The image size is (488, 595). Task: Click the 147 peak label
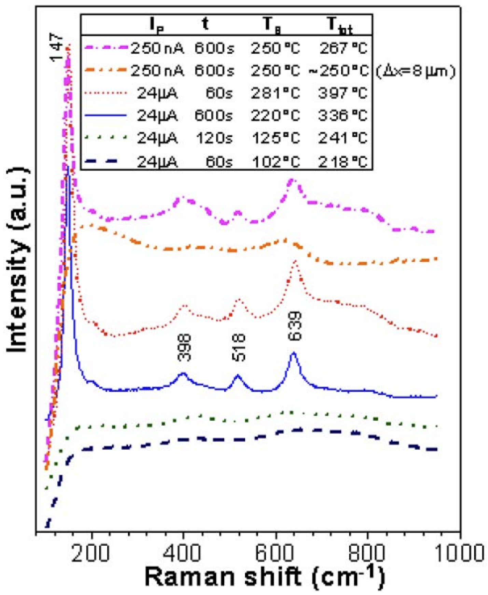57,47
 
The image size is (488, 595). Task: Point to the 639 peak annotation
294,326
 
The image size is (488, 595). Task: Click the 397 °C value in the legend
343,93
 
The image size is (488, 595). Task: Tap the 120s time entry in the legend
214,139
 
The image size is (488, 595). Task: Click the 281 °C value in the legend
275,93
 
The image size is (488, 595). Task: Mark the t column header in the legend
205,24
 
